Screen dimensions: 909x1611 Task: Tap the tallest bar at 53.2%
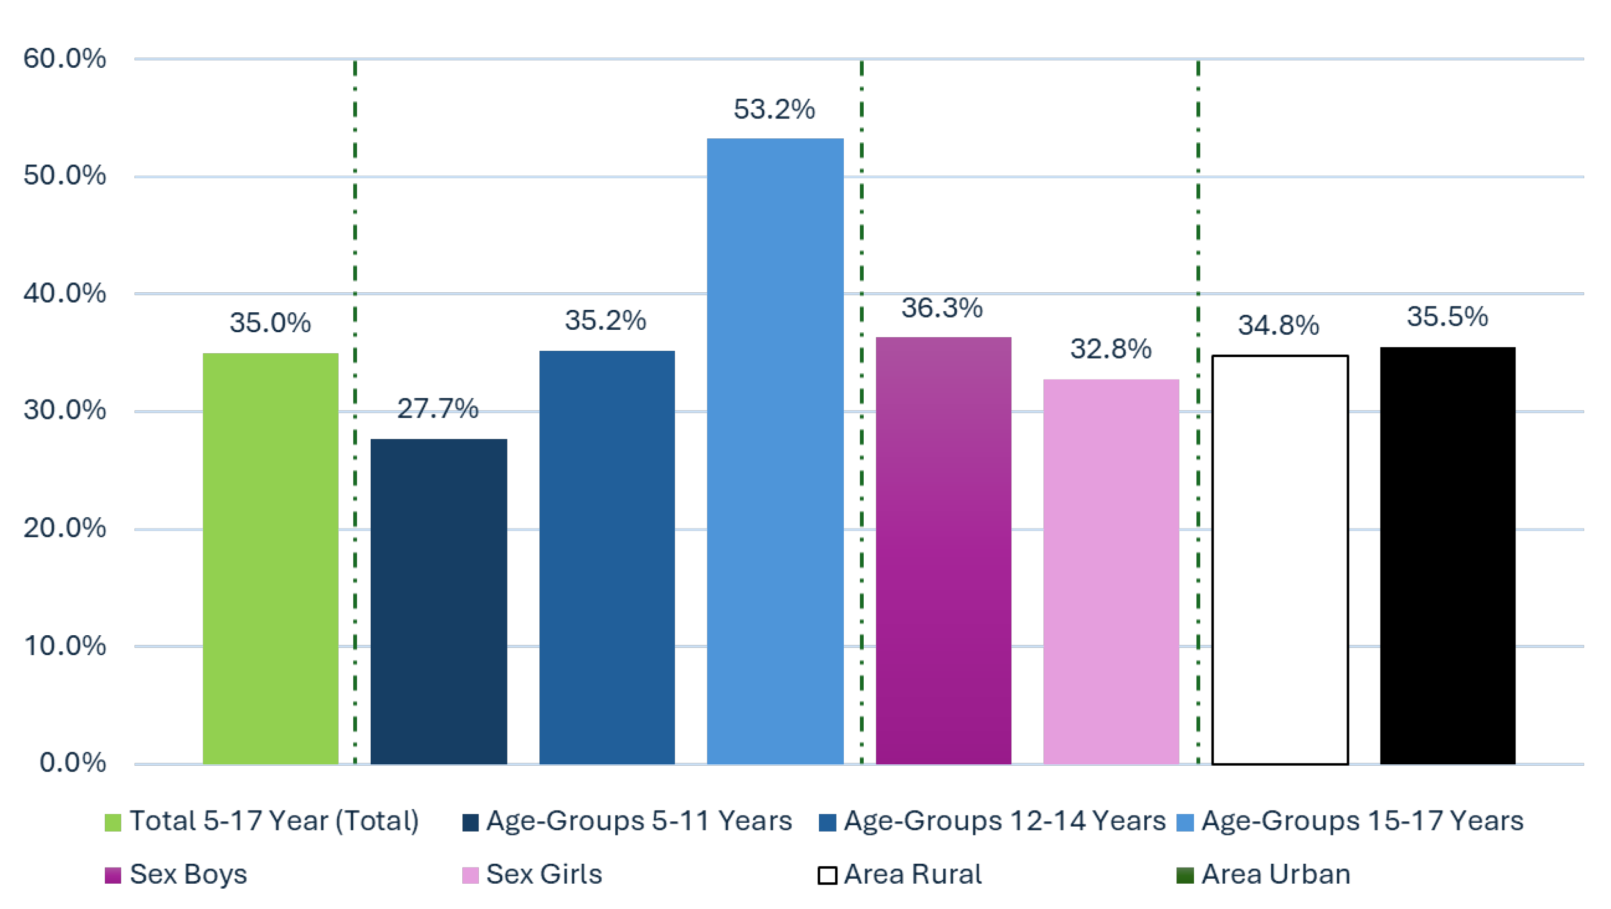775,451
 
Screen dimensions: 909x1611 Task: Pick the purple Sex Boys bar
943,550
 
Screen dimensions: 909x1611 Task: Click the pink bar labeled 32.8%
1111,571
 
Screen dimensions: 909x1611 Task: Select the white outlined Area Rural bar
1280,560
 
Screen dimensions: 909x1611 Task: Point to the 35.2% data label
606,320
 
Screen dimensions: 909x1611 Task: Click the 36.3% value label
942,307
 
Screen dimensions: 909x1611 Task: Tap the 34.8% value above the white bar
1278,325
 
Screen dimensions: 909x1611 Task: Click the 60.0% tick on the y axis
64,59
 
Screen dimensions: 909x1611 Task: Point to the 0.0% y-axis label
73,763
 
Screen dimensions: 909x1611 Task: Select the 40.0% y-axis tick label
64,293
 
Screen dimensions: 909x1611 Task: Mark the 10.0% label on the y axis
64,646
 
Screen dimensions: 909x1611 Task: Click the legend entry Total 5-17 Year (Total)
273,821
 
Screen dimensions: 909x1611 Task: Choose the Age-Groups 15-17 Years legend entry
1362,821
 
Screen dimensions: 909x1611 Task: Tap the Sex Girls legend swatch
470,874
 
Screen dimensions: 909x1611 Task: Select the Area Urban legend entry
1275,874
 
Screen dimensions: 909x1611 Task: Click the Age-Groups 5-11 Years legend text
639,821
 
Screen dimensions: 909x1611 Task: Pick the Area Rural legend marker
827,874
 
